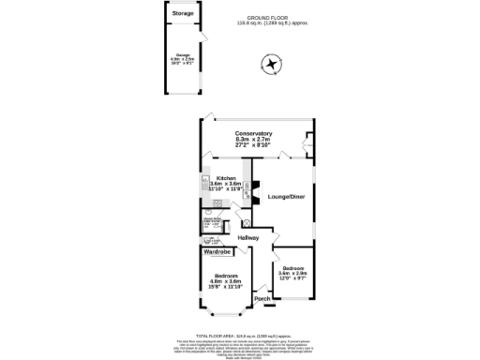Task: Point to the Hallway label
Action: (247, 237)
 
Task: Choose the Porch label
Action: (262, 300)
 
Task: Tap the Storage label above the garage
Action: (183, 14)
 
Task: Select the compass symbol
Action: (271, 65)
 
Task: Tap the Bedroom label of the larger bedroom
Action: (225, 276)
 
